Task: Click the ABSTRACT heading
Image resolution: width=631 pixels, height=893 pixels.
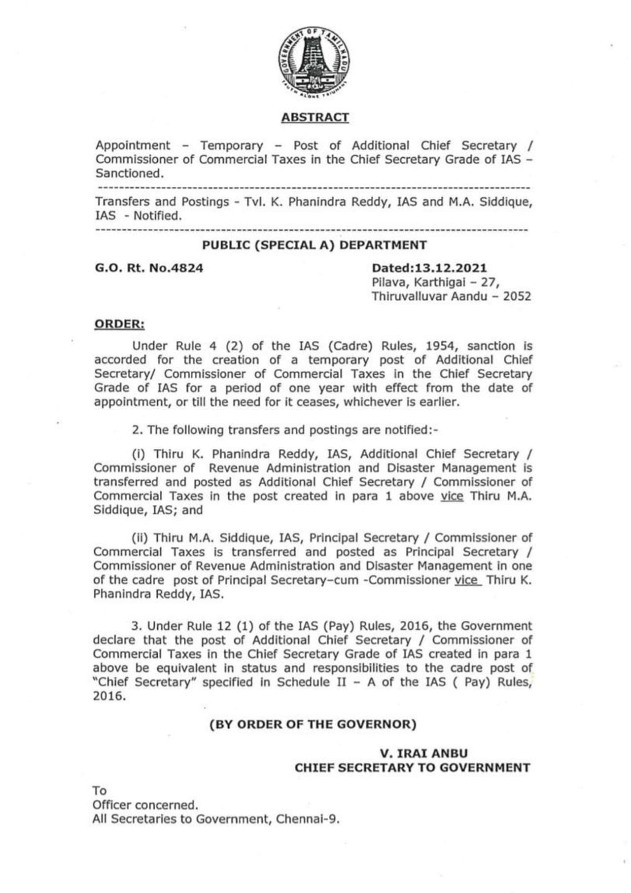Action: [x=315, y=117]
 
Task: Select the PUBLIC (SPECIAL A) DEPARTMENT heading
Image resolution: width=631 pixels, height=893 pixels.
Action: [x=315, y=245]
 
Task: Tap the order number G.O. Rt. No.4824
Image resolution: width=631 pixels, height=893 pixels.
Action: [x=149, y=268]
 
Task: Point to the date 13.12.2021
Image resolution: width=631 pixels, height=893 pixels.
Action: [x=451, y=268]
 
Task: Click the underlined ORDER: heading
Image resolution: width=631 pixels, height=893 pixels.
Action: [x=119, y=324]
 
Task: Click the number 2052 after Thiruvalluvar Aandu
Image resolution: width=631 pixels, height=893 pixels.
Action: [x=517, y=296]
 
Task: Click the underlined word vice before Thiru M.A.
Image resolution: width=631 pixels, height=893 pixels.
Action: [x=452, y=496]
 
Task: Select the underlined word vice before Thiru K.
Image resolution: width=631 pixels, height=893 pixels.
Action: [x=467, y=580]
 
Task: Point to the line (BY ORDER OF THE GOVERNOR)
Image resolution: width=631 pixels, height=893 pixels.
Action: [x=313, y=724]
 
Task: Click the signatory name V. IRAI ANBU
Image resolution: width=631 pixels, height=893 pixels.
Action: [x=423, y=753]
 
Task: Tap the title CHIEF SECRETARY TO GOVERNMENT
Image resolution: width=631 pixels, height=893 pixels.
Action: [x=412, y=768]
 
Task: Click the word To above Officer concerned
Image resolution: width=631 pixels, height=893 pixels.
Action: [x=99, y=791]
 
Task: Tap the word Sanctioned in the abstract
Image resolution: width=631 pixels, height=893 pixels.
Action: [x=128, y=174]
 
